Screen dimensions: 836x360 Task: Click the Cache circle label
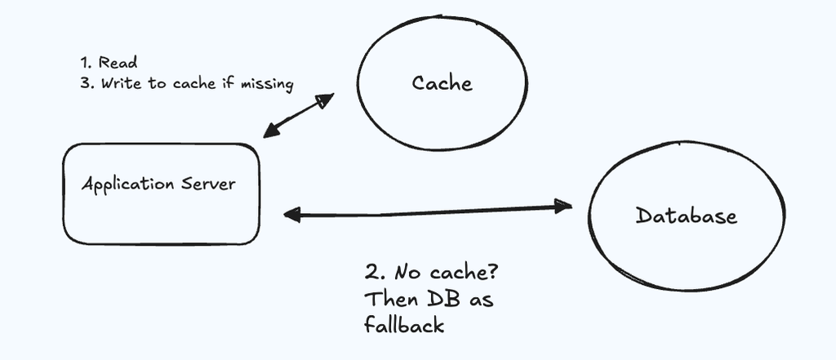point(442,83)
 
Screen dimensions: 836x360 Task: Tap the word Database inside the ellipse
point(686,216)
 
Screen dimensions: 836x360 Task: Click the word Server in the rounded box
point(208,184)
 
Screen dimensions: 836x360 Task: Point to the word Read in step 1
point(118,62)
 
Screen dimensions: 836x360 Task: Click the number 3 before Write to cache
point(85,84)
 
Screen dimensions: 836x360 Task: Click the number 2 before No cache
point(371,273)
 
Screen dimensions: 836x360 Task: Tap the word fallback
point(404,324)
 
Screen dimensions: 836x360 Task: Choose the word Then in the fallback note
point(391,299)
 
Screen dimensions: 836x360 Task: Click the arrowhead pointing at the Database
point(563,206)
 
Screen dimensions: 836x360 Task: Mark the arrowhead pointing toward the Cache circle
point(325,100)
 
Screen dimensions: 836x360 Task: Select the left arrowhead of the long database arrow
point(292,215)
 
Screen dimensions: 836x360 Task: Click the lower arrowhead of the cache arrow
point(272,130)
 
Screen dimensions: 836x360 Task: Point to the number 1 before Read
point(85,62)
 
